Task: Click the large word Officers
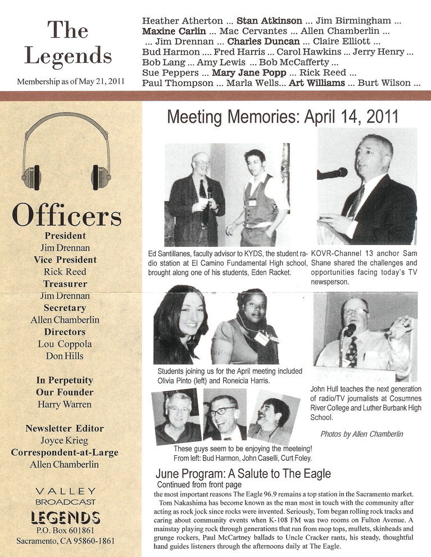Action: pyautogui.click(x=66, y=216)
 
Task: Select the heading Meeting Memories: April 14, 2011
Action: pyautogui.click(x=283, y=117)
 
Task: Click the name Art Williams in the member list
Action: pyautogui.click(x=316, y=83)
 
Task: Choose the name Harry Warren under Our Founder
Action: pyautogui.click(x=65, y=404)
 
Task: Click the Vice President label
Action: pyautogui.click(x=65, y=260)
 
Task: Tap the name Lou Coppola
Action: pyautogui.click(x=65, y=344)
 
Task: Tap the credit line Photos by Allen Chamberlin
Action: pyautogui.click(x=361, y=434)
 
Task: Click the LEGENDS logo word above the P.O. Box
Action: pyautogui.click(x=66, y=517)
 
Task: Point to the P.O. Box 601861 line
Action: pyautogui.click(x=66, y=531)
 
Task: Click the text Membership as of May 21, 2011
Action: pyautogui.click(x=71, y=81)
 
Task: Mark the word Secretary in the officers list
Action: pyautogui.click(x=65, y=307)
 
